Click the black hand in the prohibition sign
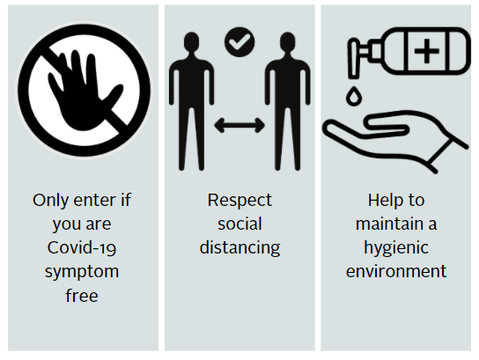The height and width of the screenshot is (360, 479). click(x=83, y=92)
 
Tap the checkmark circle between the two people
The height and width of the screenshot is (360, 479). click(x=239, y=42)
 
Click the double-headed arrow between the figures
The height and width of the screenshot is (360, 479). click(x=239, y=125)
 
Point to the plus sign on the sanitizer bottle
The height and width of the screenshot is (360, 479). click(x=427, y=51)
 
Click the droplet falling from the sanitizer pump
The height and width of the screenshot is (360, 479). click(x=354, y=96)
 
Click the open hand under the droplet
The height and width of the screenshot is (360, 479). click(x=395, y=142)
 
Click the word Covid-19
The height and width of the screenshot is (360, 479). click(x=82, y=247)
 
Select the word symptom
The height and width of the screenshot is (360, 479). click(x=82, y=272)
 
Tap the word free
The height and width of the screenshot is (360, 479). click(x=82, y=295)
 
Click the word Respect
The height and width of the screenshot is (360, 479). click(x=239, y=201)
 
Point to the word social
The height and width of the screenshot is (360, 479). click(x=239, y=224)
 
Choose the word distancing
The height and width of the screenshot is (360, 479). click(x=239, y=248)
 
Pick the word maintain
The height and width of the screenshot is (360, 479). click(x=387, y=224)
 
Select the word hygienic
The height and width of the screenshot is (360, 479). click(x=396, y=248)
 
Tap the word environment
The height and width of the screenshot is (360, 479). click(x=396, y=271)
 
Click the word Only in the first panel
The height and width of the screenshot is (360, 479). click(x=51, y=201)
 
